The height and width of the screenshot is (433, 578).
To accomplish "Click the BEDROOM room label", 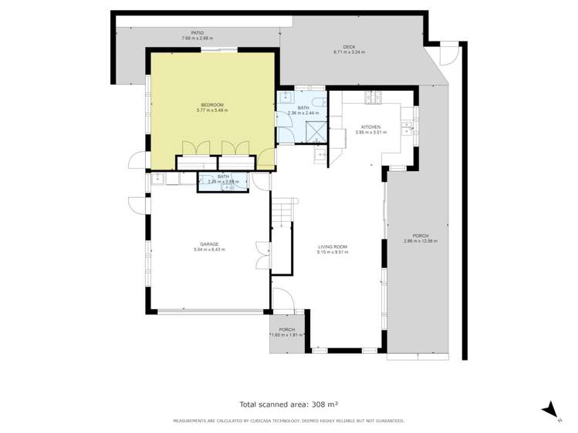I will (212, 105).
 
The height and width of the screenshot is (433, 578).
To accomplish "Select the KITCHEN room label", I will (371, 126).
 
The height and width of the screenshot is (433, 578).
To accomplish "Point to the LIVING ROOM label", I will (333, 247).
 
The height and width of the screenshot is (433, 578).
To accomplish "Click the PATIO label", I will (198, 33).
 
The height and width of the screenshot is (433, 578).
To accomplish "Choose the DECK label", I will (349, 46).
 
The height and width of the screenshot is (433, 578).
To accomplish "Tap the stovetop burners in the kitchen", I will (377, 97).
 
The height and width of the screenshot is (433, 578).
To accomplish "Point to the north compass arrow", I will (549, 410).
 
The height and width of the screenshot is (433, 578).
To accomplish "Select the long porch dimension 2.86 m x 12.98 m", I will (421, 241).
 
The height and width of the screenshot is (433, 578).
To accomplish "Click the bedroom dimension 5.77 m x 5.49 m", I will (212, 109).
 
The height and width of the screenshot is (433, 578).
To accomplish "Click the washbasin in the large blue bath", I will (285, 98).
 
